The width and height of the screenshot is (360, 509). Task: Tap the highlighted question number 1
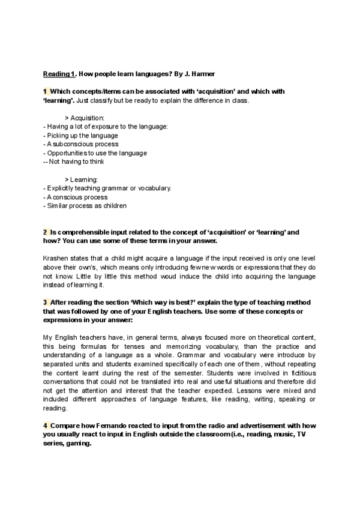pos(45,91)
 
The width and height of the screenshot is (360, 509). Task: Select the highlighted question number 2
pos(45,232)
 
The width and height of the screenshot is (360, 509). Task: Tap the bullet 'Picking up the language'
pos(82,136)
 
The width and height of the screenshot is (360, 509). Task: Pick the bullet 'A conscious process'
pos(77,197)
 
